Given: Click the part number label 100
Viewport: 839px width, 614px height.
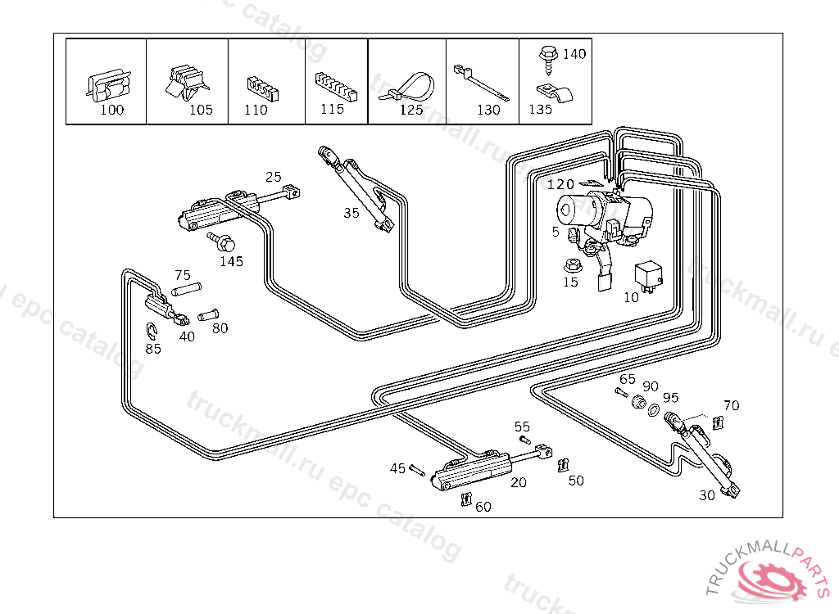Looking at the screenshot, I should pos(112,110).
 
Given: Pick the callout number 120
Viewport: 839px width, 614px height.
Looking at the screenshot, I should pos(561,184).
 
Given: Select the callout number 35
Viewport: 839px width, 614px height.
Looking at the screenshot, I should pos(351,213).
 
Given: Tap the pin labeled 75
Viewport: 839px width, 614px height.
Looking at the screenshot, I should pos(186,290).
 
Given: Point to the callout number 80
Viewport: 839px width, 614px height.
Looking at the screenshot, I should pos(220,328).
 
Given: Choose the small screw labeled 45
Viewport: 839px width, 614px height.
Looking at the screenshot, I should pos(417,470).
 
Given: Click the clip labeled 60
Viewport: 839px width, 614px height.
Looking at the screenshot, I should pos(466,499).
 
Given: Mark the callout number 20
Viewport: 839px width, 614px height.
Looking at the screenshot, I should pos(519,482).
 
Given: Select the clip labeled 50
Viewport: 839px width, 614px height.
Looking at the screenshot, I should pos(562,466).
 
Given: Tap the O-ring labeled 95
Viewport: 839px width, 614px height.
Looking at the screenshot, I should pos(653,407).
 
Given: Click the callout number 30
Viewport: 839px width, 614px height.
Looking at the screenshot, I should pos(706,495).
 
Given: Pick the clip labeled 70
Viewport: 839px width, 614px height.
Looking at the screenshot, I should pos(719,422).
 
